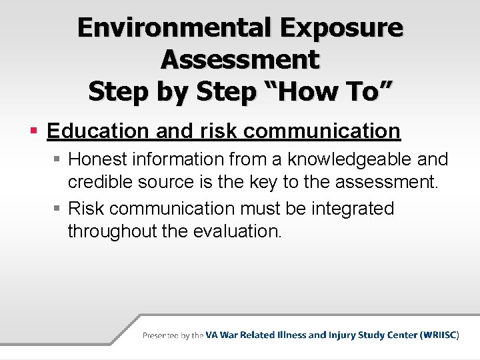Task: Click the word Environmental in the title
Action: pyautogui.click(x=173, y=28)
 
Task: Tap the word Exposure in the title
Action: pyautogui.click(x=343, y=28)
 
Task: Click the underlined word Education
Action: pyautogui.click(x=98, y=131)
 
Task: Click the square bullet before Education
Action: pyautogui.click(x=32, y=131)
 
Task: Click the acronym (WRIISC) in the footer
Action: pyautogui.click(x=439, y=335)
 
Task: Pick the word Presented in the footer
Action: pyautogui.click(x=160, y=335)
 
